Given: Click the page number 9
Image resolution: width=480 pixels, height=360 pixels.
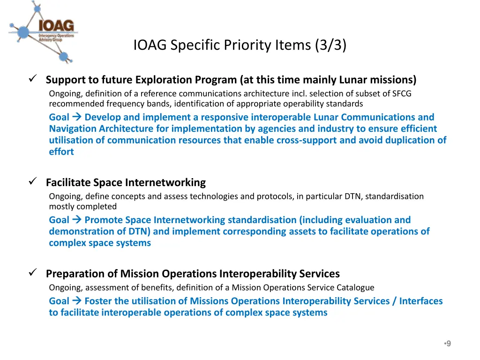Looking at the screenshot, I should click(x=449, y=344).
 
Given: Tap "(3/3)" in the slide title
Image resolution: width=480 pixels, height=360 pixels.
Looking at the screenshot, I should click(x=331, y=45).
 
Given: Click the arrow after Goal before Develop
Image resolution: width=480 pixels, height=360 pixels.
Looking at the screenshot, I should click(x=77, y=117).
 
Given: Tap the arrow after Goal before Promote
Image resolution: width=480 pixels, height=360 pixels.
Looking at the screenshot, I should click(x=77, y=220).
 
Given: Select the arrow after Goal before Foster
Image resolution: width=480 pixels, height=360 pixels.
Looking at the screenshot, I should click(x=77, y=301).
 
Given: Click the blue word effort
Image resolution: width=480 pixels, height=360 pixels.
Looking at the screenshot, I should click(x=61, y=151).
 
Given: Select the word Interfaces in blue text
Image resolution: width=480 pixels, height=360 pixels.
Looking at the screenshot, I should click(x=420, y=301).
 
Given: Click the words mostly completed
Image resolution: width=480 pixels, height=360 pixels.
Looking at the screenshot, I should click(x=83, y=206).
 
